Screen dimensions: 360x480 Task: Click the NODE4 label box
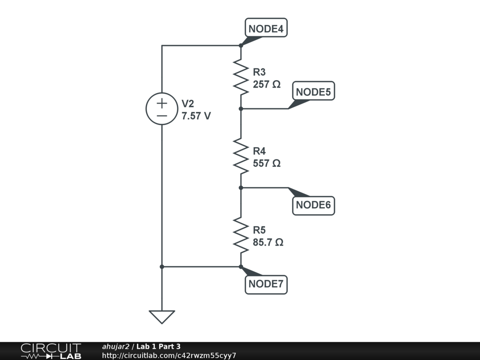[266, 29]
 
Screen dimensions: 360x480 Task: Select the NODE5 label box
[314, 92]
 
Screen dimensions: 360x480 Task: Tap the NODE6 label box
[314, 205]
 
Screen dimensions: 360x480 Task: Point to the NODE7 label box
[266, 284]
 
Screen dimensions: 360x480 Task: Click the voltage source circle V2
[162, 109]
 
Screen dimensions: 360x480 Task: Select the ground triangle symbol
[162, 316]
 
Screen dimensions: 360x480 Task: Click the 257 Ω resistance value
[267, 84]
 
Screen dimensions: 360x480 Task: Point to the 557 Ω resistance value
[267, 164]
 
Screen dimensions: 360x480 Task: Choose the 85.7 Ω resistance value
[268, 243]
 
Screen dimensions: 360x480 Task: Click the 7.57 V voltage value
[196, 116]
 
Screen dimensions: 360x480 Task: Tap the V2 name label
[187, 104]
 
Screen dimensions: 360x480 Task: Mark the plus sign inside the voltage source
[162, 103]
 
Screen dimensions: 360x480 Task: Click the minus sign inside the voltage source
[162, 115]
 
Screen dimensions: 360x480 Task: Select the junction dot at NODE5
[240, 109]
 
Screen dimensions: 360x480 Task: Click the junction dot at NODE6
[240, 187]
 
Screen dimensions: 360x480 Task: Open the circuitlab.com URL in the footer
[169, 355]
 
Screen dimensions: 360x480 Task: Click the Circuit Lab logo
[51, 351]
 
